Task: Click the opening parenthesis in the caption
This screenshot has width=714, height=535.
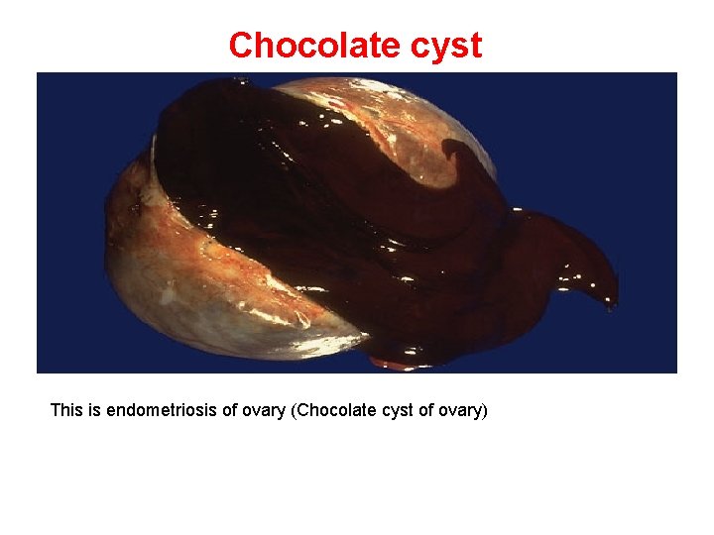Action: [293, 409]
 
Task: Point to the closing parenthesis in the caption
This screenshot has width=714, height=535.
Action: [485, 409]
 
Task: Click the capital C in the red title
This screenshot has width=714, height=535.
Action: [239, 46]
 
